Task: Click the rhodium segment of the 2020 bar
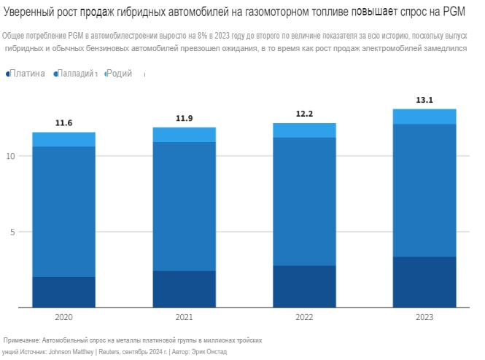pos(64,139)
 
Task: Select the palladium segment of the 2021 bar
pos(184,206)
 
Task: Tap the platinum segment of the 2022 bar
pos(304,286)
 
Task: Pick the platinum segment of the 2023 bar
pos(424,282)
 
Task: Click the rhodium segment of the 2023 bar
pos(424,117)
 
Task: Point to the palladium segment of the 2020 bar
pos(64,211)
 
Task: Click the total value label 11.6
pos(64,123)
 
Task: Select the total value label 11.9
pos(184,118)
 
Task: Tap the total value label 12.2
pos(304,114)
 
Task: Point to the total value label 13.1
pos(424,100)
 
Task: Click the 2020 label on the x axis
pos(64,318)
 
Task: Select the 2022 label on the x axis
pos(304,318)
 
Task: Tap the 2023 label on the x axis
pos(424,318)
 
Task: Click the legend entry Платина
pos(27,74)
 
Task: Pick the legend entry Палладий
pos(75,74)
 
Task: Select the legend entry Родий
pos(120,74)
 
